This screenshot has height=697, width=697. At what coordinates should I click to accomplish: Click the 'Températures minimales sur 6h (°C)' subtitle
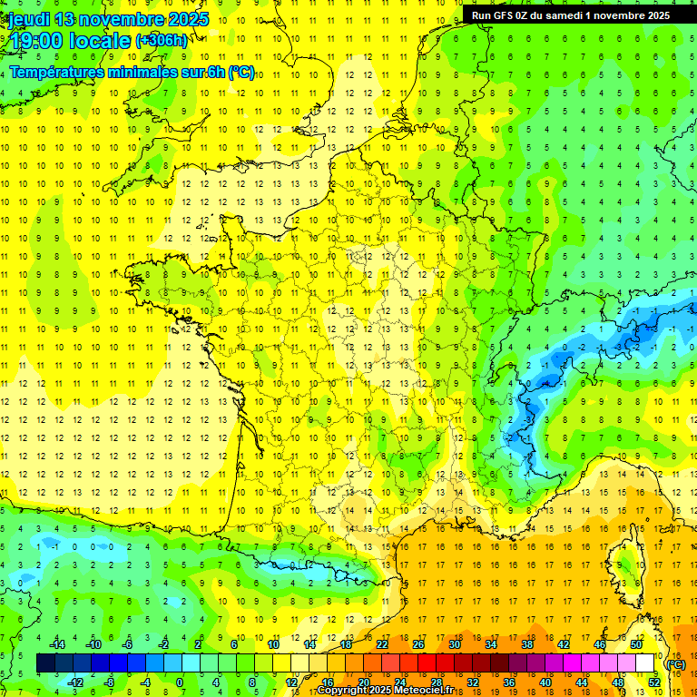click(132, 73)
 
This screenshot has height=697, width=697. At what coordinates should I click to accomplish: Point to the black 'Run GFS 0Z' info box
click(571, 15)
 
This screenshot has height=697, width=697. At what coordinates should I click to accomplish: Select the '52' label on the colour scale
click(654, 682)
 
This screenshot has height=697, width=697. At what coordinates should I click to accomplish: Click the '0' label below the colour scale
click(180, 682)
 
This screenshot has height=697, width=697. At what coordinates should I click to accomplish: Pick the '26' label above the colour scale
click(418, 644)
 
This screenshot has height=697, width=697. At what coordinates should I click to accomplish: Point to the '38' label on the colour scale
click(527, 644)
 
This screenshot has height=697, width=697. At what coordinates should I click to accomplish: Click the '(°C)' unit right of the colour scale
click(675, 663)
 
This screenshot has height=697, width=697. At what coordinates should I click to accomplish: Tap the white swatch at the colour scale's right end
click(645, 663)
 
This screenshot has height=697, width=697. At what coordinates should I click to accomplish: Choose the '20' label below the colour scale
click(363, 682)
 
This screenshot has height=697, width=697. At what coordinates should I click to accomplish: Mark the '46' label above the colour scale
click(600, 644)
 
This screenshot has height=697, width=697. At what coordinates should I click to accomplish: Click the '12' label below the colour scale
click(290, 682)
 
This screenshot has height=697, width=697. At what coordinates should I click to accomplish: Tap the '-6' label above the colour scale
click(127, 644)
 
